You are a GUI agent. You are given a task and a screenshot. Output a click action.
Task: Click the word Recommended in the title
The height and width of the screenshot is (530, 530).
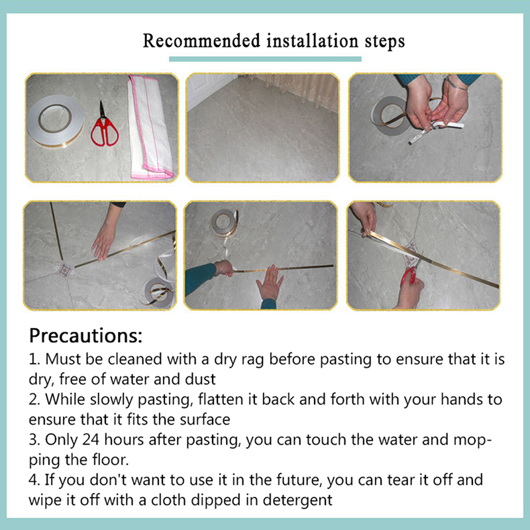click(x=201, y=40)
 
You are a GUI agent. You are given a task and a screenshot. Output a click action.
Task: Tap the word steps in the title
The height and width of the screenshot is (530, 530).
click(x=385, y=42)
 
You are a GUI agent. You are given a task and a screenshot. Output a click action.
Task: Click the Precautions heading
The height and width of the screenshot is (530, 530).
click(x=86, y=335)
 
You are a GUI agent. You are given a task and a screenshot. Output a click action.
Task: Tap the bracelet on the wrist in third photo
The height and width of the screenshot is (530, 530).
click(x=455, y=83)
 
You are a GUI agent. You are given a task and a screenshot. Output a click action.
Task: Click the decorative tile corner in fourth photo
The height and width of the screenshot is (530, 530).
click(x=64, y=270)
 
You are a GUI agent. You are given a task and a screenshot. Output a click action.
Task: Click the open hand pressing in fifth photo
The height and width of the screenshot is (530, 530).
click(x=270, y=283)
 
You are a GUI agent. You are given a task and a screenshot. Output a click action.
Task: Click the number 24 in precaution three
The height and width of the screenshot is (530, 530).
click(x=91, y=440)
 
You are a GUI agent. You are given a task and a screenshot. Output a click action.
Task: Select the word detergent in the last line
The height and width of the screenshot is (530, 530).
click(x=297, y=500)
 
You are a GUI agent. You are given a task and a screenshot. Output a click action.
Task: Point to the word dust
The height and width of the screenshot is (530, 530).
click(x=200, y=379)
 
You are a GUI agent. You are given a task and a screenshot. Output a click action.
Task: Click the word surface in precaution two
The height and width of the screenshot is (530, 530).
click(x=205, y=420)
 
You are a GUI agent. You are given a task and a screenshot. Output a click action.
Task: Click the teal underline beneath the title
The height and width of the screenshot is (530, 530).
click(x=265, y=59)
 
